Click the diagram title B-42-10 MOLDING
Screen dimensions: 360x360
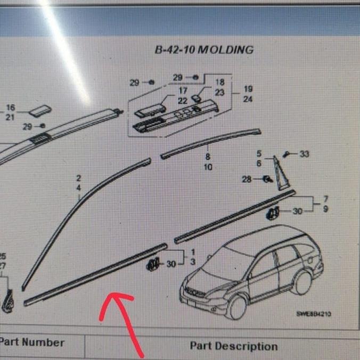tap(204, 50)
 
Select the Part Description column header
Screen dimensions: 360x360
tap(234, 346)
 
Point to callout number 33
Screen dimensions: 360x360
tap(304, 154)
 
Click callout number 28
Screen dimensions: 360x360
tap(247, 179)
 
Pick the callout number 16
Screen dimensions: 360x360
tap(10, 108)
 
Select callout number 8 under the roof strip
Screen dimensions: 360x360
tap(208, 157)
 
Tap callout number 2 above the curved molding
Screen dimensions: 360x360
tap(78, 178)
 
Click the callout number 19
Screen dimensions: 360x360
tap(248, 89)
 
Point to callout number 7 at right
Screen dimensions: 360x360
tap(325, 200)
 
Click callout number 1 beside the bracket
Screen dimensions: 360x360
tap(192, 252)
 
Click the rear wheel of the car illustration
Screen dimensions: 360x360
tap(302, 282)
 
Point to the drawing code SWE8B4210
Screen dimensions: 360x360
tap(314, 314)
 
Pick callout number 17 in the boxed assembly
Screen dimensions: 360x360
tap(182, 91)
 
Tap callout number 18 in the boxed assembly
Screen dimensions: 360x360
tap(219, 83)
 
